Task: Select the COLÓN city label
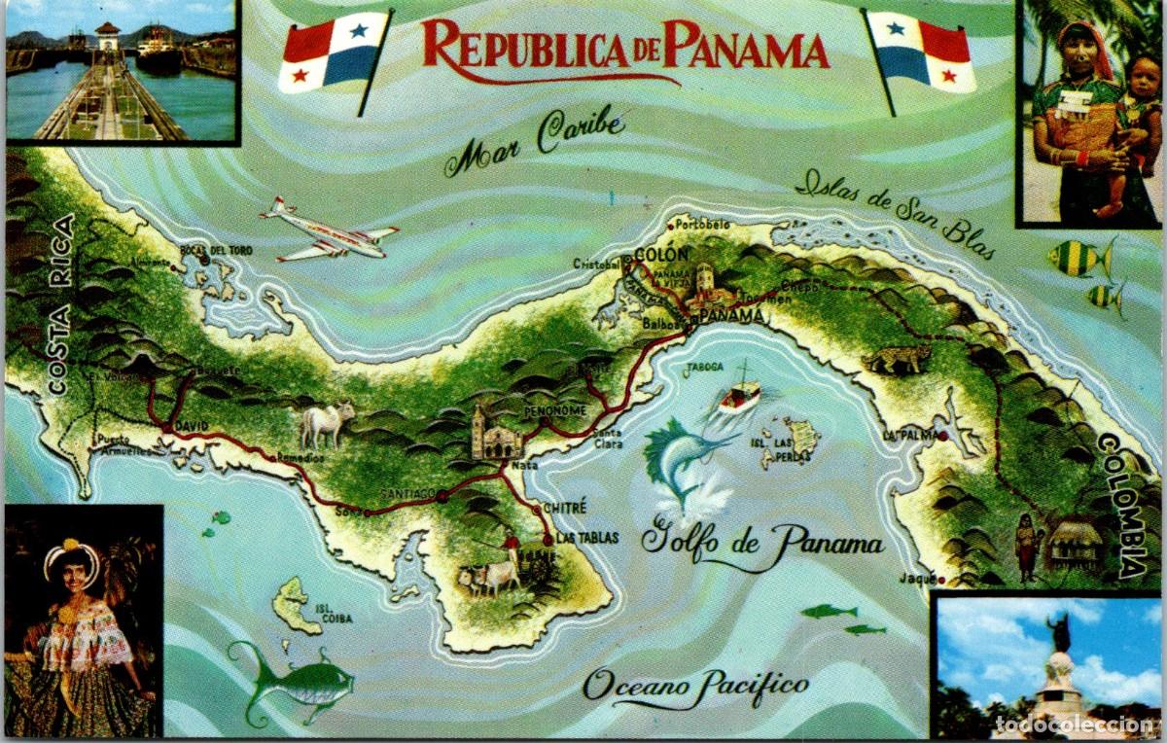pyautogui.click(x=660, y=255)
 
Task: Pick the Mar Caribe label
pyautogui.click(x=534, y=140)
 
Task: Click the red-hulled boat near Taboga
pyautogui.click(x=740, y=395)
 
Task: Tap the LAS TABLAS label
pyautogui.click(x=586, y=537)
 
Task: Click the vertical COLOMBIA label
pyautogui.click(x=1121, y=505)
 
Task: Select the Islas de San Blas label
pyautogui.click(x=895, y=213)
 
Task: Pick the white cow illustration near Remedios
pyautogui.click(x=327, y=423)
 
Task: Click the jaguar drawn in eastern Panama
pyautogui.click(x=896, y=360)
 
